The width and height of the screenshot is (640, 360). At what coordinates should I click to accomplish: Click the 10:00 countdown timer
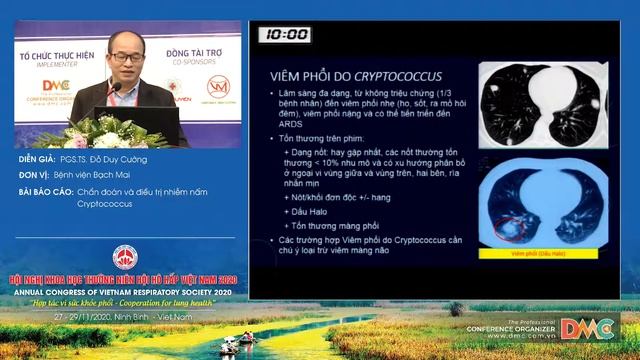287,35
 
